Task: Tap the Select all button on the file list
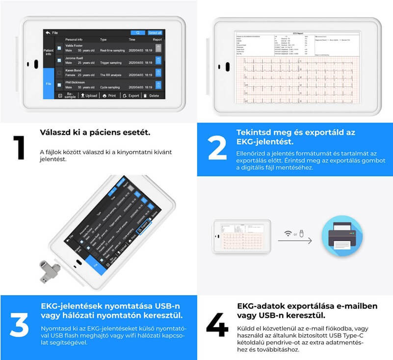[x=155, y=32]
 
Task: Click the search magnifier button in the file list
[x=138, y=32]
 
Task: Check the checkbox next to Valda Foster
[x=59, y=48]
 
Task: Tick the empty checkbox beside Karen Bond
[x=59, y=73]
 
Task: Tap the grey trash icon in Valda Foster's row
[x=158, y=48]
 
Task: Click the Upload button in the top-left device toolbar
[x=88, y=96]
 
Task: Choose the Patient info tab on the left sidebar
[x=49, y=52]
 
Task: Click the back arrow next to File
[x=48, y=32]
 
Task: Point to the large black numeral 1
[x=19, y=147]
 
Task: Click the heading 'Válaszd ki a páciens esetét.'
[x=88, y=133]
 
